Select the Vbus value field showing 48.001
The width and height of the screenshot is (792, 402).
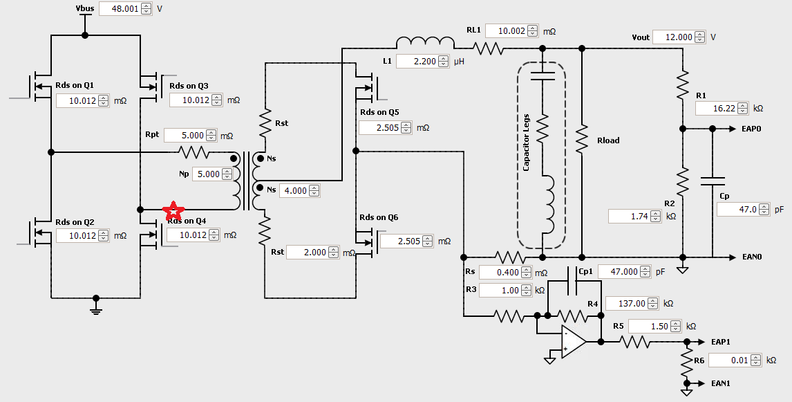120,9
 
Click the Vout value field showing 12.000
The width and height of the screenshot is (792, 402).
674,37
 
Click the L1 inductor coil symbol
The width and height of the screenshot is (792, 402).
424,42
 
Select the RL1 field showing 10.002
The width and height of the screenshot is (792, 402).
506,31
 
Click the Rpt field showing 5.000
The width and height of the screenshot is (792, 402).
183,135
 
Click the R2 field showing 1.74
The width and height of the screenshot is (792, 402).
630,217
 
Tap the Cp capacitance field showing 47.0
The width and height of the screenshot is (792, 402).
738,208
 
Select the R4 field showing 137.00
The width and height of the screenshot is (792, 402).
627,303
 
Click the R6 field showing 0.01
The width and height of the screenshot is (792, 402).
730,360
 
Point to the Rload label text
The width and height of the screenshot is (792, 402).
608,140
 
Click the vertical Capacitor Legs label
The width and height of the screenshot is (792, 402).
526,143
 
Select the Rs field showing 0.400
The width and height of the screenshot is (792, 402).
500,273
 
